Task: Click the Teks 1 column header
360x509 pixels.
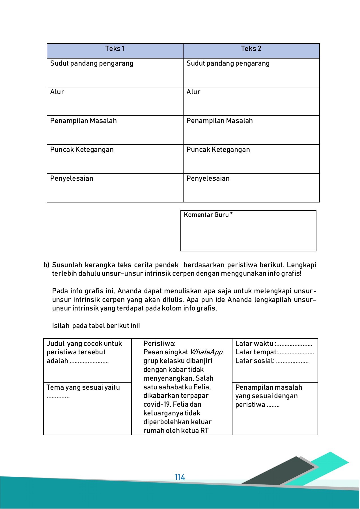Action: (115, 49)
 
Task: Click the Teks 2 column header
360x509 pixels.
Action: (251, 49)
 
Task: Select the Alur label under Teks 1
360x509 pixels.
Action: (57, 92)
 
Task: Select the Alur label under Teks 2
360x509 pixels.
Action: (193, 92)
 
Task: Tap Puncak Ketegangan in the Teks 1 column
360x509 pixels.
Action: (82, 150)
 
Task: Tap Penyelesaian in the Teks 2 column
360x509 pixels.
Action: (208, 178)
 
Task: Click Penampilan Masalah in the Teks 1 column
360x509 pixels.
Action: (83, 121)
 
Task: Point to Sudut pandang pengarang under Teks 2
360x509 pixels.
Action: (228, 63)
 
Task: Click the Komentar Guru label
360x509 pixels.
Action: (208, 215)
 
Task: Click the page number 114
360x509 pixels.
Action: (180, 477)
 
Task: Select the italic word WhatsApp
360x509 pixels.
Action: (206, 352)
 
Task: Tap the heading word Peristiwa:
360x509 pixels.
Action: (159, 344)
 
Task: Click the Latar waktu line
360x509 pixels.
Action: (273, 344)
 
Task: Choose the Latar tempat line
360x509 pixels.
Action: (274, 352)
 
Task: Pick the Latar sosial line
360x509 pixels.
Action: (272, 361)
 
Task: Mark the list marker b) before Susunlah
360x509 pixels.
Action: (46, 265)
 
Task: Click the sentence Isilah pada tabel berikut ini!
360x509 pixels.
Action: (96, 326)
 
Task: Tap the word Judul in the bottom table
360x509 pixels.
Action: (55, 344)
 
